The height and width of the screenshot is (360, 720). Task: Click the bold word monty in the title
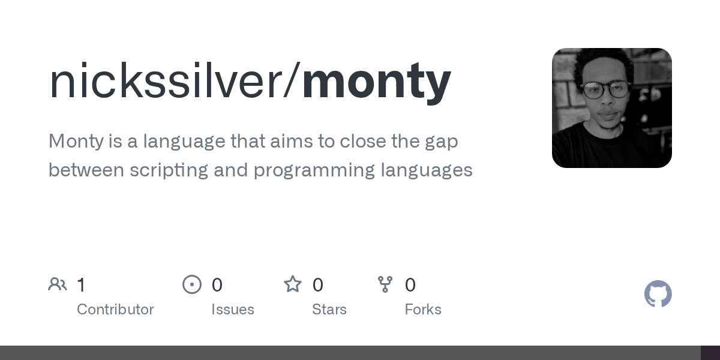(376, 82)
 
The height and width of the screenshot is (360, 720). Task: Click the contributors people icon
(58, 284)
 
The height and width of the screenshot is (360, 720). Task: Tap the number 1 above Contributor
(81, 285)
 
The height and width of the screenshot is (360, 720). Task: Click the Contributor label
(115, 310)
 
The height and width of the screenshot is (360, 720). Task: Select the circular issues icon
(192, 284)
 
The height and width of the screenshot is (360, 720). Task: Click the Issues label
(233, 310)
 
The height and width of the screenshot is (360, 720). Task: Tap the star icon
(293, 284)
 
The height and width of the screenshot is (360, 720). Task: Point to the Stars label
(329, 310)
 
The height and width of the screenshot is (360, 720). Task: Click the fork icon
(385, 284)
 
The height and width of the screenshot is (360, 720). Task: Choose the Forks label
(423, 310)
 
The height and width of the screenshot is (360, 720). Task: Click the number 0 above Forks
(410, 285)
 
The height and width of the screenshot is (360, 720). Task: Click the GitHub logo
(658, 294)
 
